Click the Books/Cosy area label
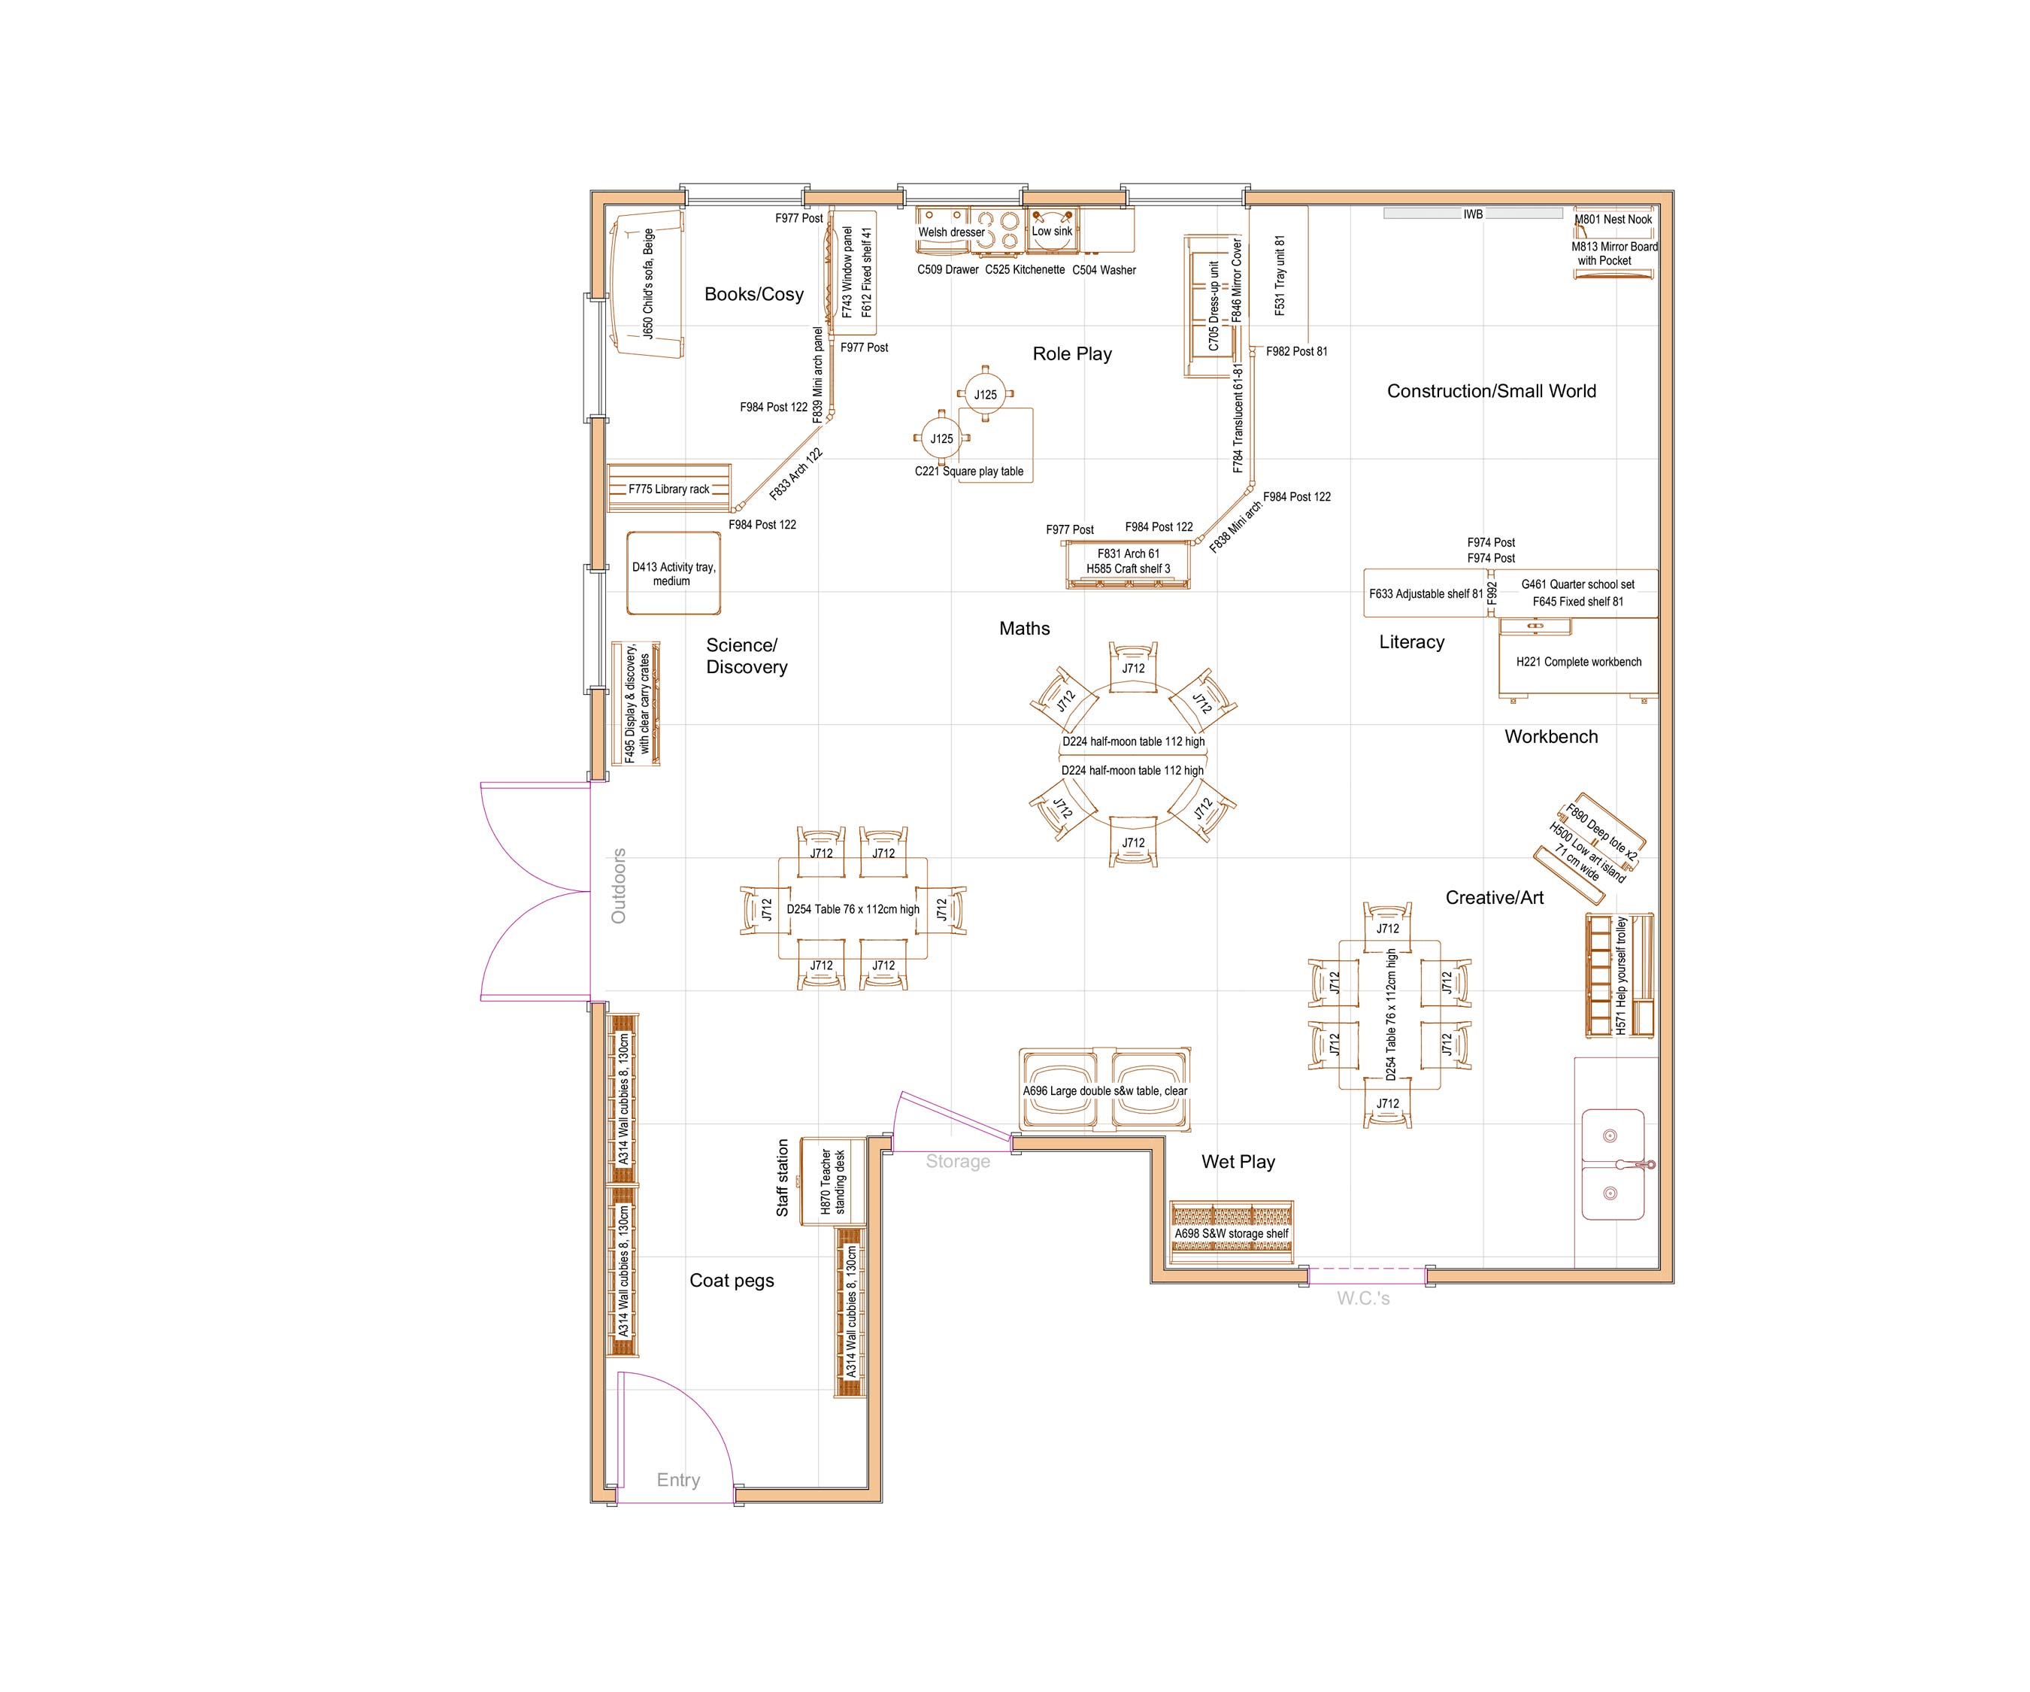(753, 294)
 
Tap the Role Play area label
(1071, 354)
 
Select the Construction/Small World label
(1491, 390)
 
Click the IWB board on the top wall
(1472, 214)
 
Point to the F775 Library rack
(669, 488)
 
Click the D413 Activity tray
(674, 573)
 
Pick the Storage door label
(957, 1161)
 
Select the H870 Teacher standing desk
(832, 1181)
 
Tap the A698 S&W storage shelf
(1231, 1234)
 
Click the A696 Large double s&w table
(1105, 1090)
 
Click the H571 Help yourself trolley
(1620, 975)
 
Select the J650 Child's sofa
(647, 284)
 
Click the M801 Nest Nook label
(1613, 220)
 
